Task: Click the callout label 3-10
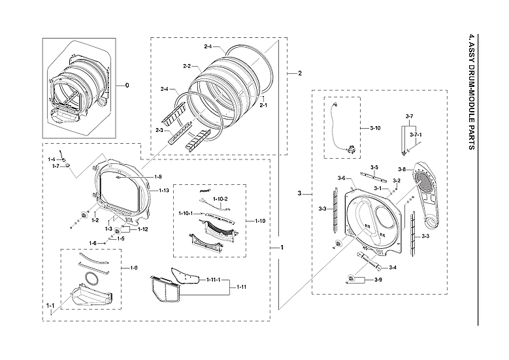374,127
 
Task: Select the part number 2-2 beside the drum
186,66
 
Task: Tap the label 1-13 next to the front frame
164,190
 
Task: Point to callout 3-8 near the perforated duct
401,170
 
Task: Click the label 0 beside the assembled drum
127,86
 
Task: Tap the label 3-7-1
416,135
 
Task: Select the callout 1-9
133,268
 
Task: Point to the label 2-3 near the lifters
159,131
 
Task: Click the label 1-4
52,159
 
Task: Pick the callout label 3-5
374,168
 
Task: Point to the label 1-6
93,243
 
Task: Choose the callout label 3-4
392,268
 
